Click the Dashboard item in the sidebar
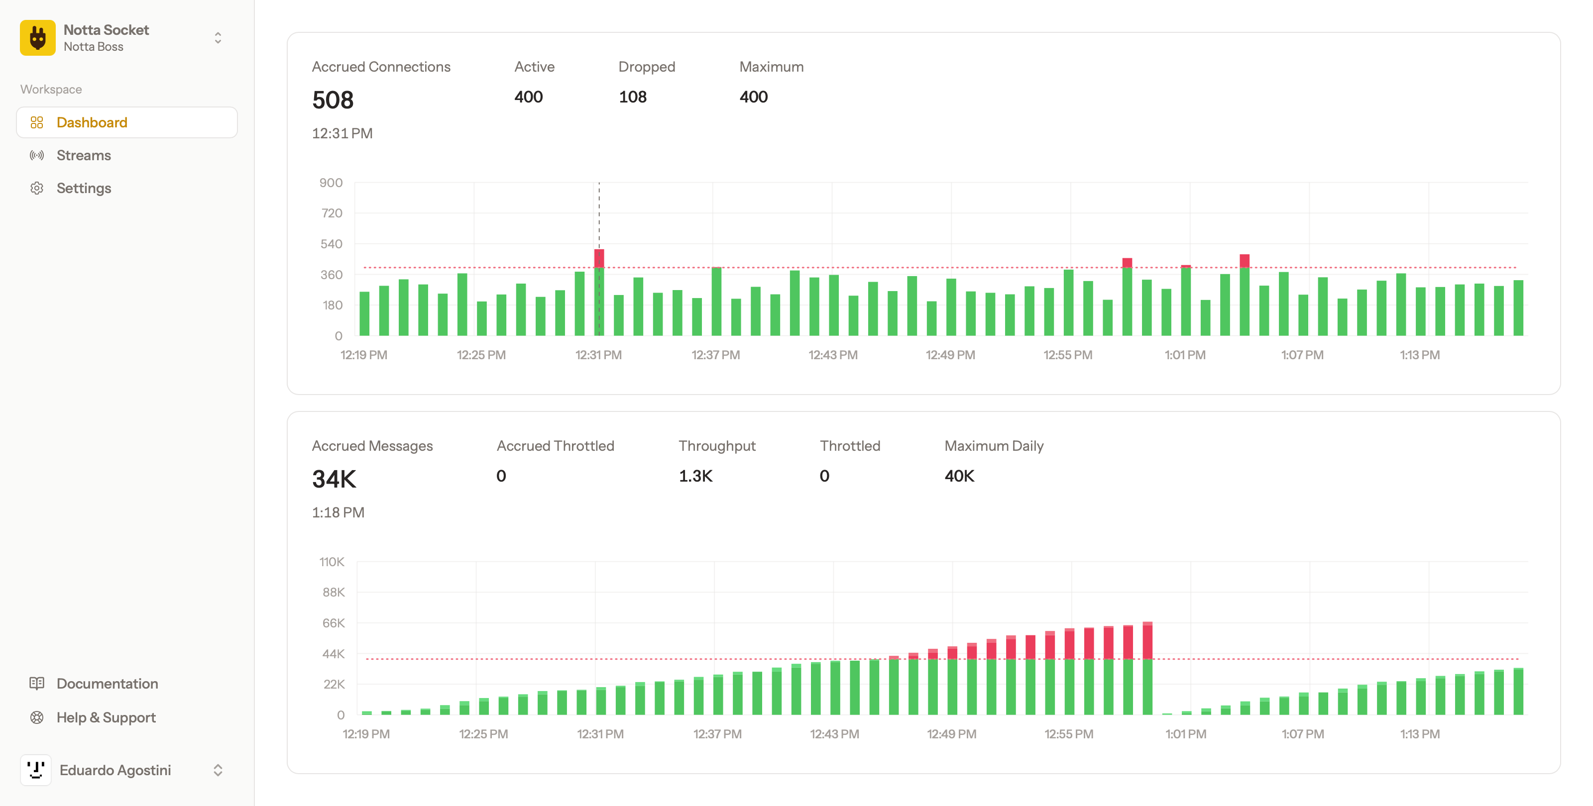click(x=92, y=122)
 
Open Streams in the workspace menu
click(x=84, y=155)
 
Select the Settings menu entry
click(x=84, y=188)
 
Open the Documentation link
click(x=107, y=684)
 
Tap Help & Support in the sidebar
click(x=106, y=717)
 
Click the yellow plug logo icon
click(x=38, y=38)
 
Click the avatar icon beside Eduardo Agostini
click(x=36, y=770)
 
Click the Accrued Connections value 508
click(x=333, y=100)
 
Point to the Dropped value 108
click(x=633, y=97)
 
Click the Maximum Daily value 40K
click(x=959, y=476)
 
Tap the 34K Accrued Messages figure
click(x=334, y=479)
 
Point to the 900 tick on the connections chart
click(x=331, y=183)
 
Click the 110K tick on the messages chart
click(x=332, y=562)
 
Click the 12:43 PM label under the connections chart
click(x=833, y=355)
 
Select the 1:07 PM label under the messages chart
click(x=1303, y=734)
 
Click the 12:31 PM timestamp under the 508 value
click(x=342, y=133)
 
